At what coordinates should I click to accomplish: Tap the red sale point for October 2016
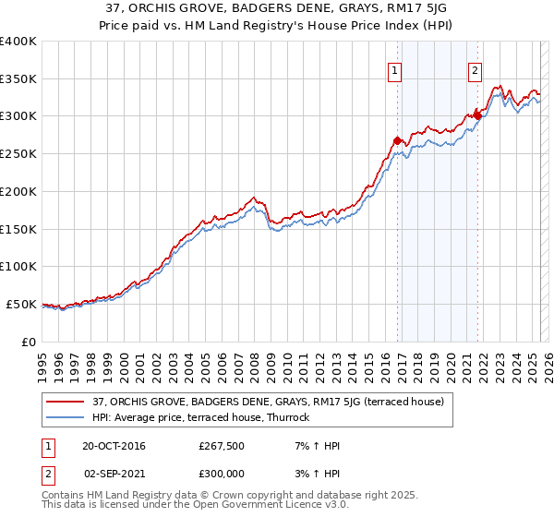[397, 140]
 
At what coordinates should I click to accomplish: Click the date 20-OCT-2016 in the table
[113, 446]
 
